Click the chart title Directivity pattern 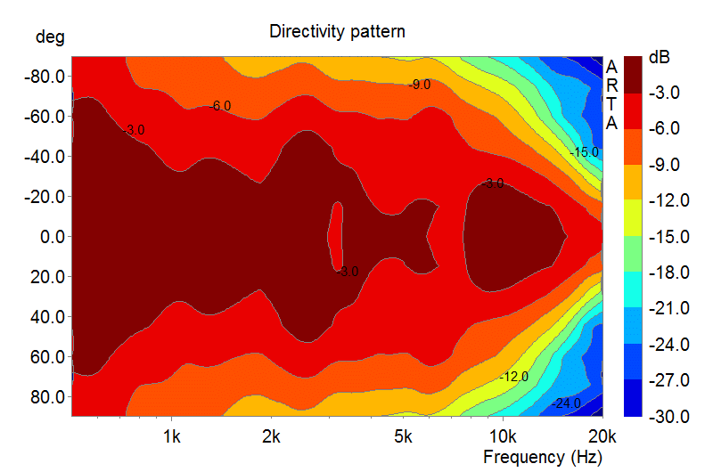click(x=337, y=32)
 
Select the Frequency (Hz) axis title click(x=542, y=458)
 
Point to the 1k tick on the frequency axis click(x=172, y=437)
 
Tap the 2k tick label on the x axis click(x=272, y=437)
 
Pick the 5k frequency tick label click(x=404, y=437)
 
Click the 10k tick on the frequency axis click(x=503, y=437)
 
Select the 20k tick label click(x=602, y=437)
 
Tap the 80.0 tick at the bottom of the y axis click(x=45, y=396)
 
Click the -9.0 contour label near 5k click(x=419, y=85)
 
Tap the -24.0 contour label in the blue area click(x=566, y=403)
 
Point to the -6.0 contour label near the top click(x=219, y=106)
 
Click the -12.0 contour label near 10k click(x=514, y=377)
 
